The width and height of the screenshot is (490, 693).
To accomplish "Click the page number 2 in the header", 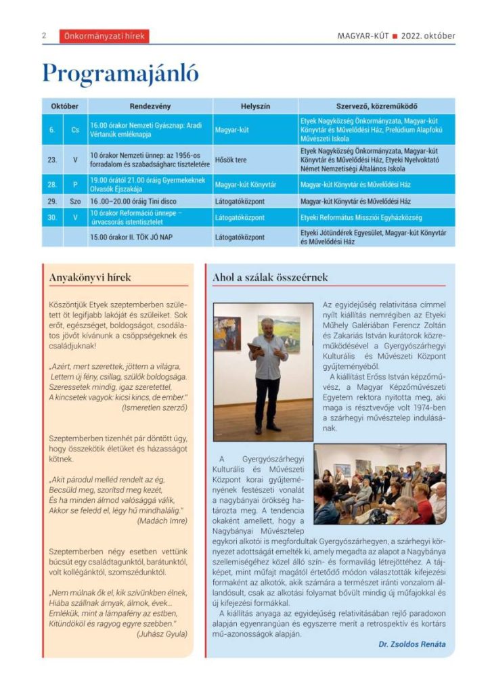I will [x=43, y=36].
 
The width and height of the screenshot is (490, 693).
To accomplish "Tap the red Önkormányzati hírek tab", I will [x=104, y=37].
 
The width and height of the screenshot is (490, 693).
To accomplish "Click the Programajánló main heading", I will [x=120, y=73].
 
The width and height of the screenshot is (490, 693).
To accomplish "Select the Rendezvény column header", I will [x=150, y=106].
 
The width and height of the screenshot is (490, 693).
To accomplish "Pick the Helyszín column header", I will [x=255, y=106].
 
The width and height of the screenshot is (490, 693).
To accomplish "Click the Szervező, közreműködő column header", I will [x=376, y=106].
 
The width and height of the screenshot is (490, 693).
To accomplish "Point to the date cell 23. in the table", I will [x=52, y=160].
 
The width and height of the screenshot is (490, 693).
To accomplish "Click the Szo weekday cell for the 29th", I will [x=75, y=202].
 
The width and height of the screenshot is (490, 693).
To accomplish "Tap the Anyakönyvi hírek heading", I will [x=90, y=277].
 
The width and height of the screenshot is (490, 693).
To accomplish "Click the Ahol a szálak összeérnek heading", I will [x=270, y=277].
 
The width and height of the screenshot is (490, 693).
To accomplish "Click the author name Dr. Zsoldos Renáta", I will [x=412, y=644].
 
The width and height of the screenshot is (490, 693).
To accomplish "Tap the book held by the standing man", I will [x=255, y=348].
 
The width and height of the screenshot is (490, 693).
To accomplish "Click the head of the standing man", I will [x=268, y=325].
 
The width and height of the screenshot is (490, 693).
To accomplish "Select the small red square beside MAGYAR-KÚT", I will [x=394, y=37].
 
